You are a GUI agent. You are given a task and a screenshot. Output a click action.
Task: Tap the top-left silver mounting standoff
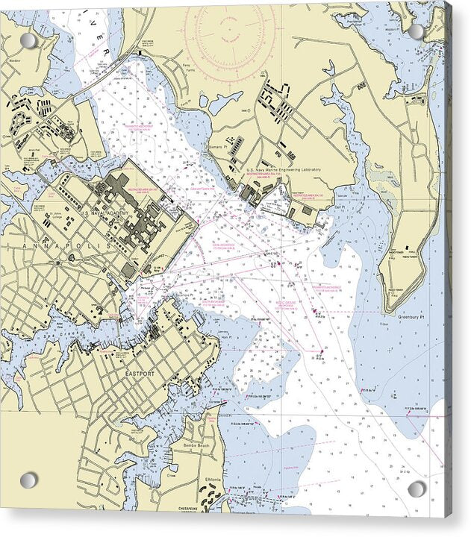pos(28,40)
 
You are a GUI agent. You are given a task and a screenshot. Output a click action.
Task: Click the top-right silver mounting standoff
pos(417,32)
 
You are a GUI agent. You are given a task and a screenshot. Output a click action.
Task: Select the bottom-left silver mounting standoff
pos(28,480)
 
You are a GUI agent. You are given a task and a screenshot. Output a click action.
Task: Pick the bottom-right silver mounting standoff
pos(417,489)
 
